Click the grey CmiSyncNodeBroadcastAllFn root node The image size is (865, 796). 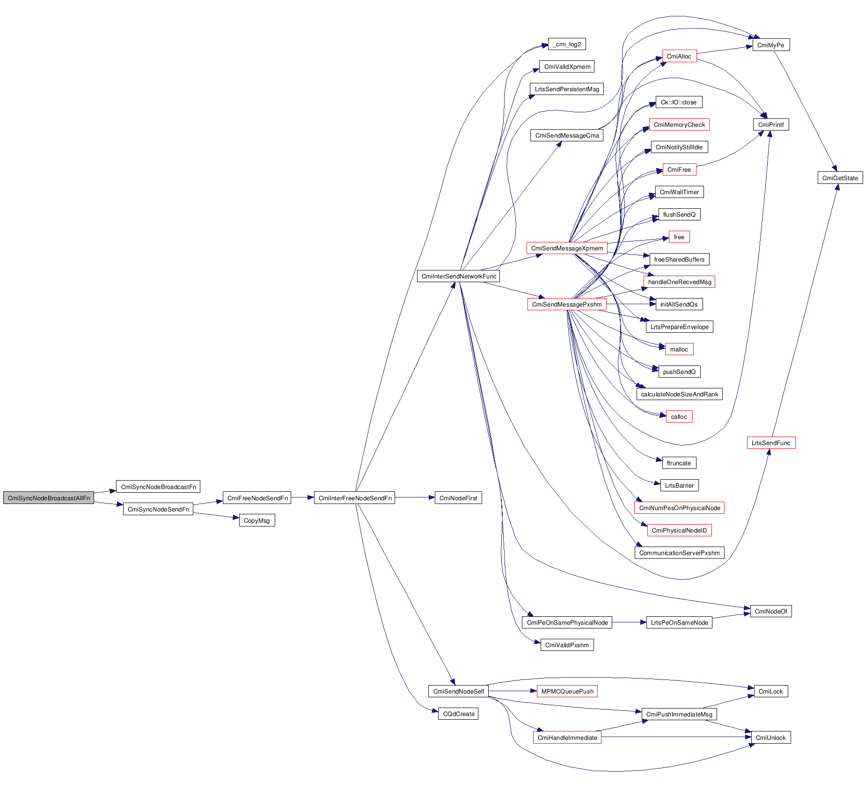pos(49,498)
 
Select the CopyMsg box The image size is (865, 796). pos(257,520)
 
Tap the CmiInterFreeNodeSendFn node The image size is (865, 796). pos(355,498)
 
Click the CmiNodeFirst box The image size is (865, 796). pos(458,498)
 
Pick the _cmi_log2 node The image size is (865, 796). pos(567,44)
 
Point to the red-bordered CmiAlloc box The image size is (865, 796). pos(679,56)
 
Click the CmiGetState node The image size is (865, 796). pos(840,178)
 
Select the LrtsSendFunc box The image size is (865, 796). pos(771,443)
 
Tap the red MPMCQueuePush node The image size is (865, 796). pos(567,691)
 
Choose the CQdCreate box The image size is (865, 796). pos(459,714)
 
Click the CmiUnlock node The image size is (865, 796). pos(770,738)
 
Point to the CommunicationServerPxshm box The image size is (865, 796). pos(679,553)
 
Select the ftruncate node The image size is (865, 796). pos(679,463)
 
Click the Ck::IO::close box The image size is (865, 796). pos(679,102)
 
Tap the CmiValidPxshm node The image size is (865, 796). pos(567,645)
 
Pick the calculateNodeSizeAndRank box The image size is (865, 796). pos(679,394)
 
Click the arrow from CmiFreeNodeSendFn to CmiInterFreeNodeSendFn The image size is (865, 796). pos(302,497)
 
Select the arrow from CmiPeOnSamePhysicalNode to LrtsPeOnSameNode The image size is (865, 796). pos(629,622)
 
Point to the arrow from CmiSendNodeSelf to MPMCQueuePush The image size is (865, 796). pos(513,691)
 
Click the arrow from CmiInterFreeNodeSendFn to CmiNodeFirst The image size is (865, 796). pos(415,497)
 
